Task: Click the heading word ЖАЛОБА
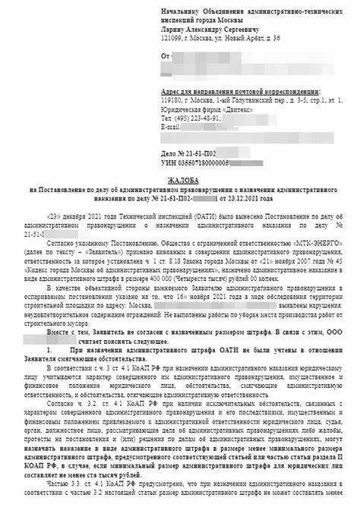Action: pyautogui.click(x=179, y=174)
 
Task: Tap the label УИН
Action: pyautogui.click(x=169, y=162)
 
